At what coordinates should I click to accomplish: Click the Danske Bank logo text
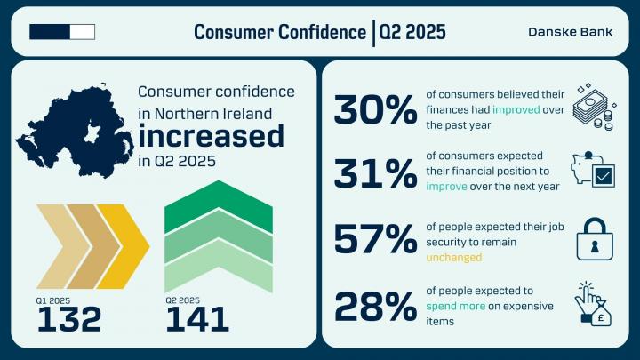(x=570, y=32)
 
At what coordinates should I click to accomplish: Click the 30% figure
(x=375, y=109)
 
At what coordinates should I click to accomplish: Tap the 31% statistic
(x=375, y=173)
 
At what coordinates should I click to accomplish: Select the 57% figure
(x=375, y=239)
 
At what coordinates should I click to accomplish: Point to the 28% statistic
(x=375, y=306)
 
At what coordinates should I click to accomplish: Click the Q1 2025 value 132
(x=69, y=319)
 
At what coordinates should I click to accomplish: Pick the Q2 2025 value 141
(x=197, y=319)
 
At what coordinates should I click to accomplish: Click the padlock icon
(x=595, y=239)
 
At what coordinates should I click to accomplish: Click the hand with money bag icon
(x=593, y=304)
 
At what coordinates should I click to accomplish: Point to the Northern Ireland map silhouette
(x=75, y=131)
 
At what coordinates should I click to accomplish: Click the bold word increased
(x=211, y=136)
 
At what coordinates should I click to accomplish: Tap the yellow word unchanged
(x=454, y=258)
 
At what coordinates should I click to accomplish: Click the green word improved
(x=516, y=110)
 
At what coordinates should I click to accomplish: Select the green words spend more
(x=455, y=306)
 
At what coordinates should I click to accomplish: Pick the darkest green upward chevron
(x=219, y=206)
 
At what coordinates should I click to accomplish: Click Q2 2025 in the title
(x=412, y=32)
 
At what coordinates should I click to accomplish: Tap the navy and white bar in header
(x=62, y=32)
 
